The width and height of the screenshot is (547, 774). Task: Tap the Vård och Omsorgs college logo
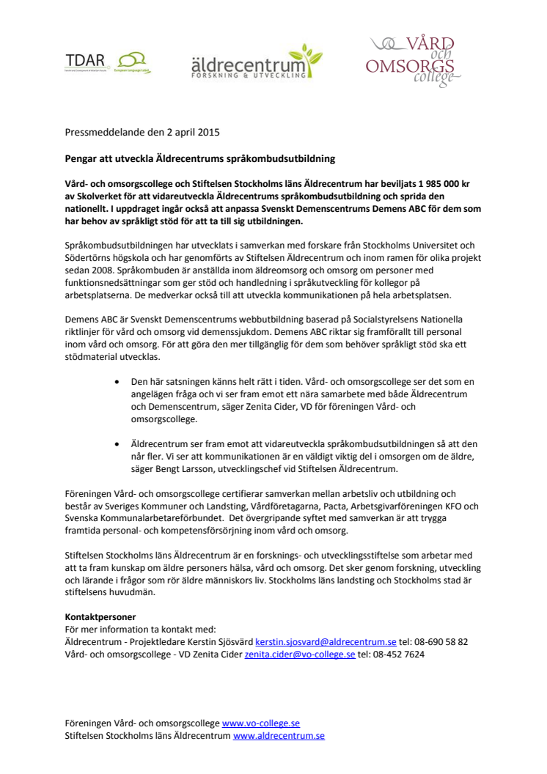point(414,62)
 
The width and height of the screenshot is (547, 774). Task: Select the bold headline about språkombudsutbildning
point(200,159)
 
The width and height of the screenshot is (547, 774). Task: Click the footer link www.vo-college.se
point(260,723)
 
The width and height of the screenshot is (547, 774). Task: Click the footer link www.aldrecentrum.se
point(279,736)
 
